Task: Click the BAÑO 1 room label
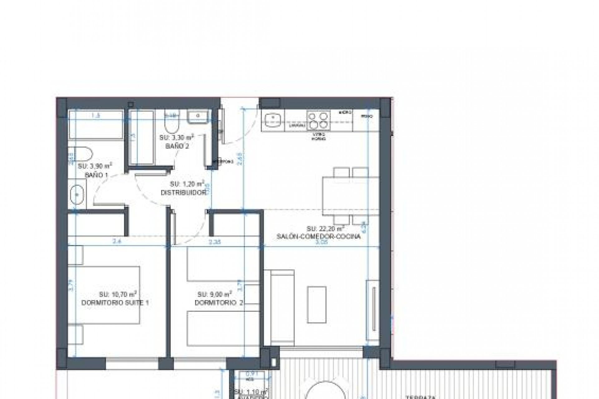[96, 175]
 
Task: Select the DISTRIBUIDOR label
[183, 193]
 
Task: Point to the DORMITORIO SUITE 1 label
[115, 302]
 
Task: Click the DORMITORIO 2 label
[219, 302]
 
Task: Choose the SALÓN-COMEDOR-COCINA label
[318, 236]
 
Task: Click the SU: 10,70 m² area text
[118, 294]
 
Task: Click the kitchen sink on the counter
[273, 121]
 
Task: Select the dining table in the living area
[351, 195]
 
